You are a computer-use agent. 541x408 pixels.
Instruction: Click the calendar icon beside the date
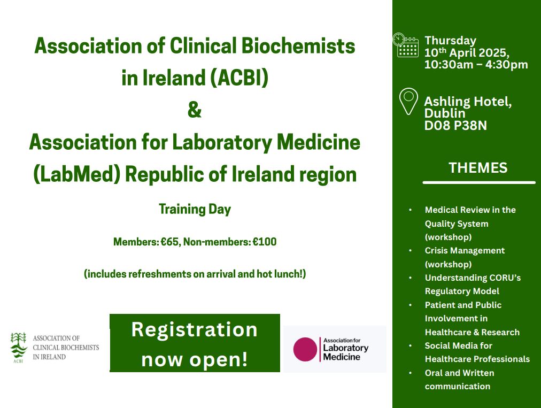click(406, 45)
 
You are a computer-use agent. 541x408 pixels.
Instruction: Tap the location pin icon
click(408, 102)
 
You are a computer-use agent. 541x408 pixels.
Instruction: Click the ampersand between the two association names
click(195, 110)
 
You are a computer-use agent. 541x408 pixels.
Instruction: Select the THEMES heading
click(478, 168)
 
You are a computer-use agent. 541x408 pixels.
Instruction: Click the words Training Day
click(195, 209)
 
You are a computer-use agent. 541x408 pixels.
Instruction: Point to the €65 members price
click(169, 242)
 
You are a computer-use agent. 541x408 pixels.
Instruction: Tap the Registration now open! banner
click(195, 343)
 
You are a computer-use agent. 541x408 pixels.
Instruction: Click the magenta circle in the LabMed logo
click(305, 349)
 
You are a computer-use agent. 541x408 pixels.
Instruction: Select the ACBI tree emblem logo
click(19, 347)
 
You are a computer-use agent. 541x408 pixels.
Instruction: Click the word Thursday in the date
click(450, 41)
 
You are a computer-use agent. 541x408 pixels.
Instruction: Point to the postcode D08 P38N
click(455, 125)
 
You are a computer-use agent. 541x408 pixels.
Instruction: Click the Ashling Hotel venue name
click(468, 102)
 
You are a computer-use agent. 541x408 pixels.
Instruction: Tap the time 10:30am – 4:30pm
click(476, 65)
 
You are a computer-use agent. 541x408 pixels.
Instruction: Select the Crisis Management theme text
click(465, 251)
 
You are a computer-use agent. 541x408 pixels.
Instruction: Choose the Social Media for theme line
click(459, 345)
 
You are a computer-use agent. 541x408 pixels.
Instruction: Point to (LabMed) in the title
click(76, 174)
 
